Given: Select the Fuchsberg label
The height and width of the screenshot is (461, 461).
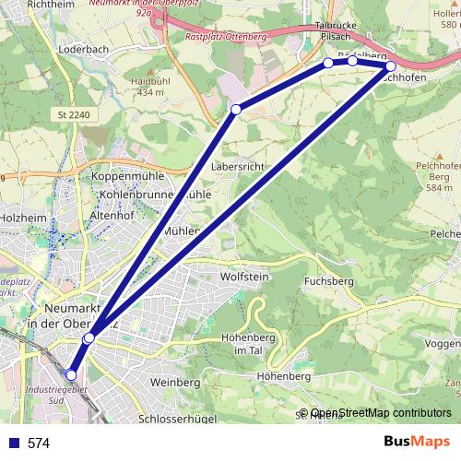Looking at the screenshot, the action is pyautogui.click(x=329, y=280).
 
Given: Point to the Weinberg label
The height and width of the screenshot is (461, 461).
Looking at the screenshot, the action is pyautogui.click(x=175, y=382).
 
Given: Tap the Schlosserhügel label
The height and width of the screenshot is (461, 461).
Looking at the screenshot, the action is pyautogui.click(x=183, y=418).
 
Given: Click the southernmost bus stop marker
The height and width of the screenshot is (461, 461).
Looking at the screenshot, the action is pyautogui.click(x=72, y=374).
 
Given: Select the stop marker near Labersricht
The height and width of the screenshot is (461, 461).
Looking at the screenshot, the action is pyautogui.click(x=236, y=110).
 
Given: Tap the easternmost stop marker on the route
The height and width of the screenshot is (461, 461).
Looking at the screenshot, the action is pyautogui.click(x=391, y=66).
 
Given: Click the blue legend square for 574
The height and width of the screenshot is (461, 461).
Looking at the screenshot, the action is pyautogui.click(x=13, y=443).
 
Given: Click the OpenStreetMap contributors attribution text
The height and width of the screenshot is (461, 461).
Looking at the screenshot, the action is pyautogui.click(x=382, y=412).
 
